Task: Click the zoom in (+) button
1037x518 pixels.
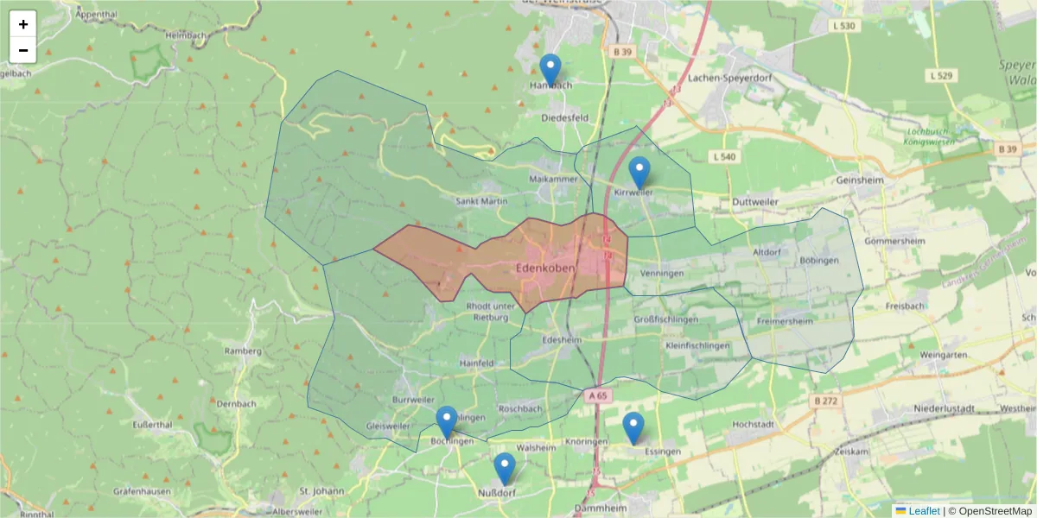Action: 23,24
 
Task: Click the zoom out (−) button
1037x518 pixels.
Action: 23,50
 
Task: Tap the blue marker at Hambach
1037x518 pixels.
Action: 550,69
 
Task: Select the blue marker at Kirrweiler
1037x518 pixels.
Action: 639,173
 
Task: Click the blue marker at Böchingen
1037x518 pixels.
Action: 446,422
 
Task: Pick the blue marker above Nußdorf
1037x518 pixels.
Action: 505,468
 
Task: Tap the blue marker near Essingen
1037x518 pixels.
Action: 633,428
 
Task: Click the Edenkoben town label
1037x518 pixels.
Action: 544,268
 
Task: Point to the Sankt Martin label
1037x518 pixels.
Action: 481,201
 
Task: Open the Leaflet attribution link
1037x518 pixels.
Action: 924,511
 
